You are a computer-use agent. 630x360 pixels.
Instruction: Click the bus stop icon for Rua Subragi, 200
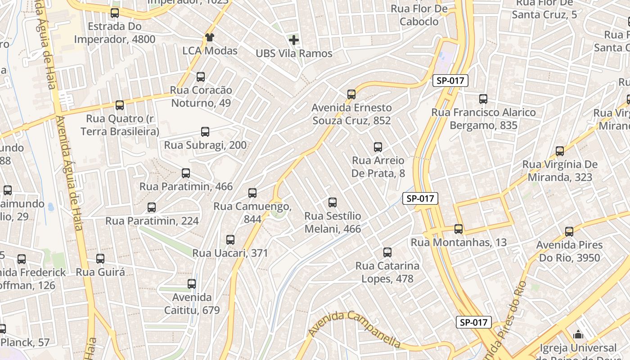click(x=205, y=132)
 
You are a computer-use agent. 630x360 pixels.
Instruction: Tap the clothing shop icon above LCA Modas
click(x=209, y=37)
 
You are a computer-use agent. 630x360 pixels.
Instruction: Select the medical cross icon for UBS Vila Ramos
click(x=294, y=40)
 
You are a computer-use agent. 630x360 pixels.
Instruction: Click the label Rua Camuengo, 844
click(x=252, y=212)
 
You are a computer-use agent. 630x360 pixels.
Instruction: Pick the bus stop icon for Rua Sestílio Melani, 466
click(x=333, y=202)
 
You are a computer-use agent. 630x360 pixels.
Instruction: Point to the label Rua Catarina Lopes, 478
click(x=387, y=272)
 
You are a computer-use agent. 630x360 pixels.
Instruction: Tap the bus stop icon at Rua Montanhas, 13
click(x=459, y=229)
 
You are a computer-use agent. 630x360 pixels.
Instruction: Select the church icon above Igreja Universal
click(x=578, y=334)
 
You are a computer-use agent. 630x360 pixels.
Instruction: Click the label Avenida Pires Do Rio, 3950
click(x=569, y=251)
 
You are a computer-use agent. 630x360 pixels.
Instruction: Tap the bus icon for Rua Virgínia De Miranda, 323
click(x=560, y=151)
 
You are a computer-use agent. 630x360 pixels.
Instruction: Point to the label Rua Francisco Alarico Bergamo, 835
click(x=483, y=118)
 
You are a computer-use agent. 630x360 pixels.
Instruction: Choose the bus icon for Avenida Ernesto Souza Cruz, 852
click(x=351, y=94)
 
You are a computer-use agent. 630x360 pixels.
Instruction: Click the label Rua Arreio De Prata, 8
click(x=378, y=166)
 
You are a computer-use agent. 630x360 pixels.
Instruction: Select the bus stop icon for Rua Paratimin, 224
click(x=152, y=207)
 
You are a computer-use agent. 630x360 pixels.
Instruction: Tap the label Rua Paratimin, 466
click(x=186, y=186)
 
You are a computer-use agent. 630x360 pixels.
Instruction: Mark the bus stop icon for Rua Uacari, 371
click(x=230, y=240)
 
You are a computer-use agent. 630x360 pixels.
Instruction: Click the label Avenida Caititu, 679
click(x=192, y=304)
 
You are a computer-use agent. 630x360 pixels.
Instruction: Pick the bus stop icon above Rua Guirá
click(x=100, y=259)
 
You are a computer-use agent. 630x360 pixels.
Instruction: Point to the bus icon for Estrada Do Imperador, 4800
click(x=115, y=13)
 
